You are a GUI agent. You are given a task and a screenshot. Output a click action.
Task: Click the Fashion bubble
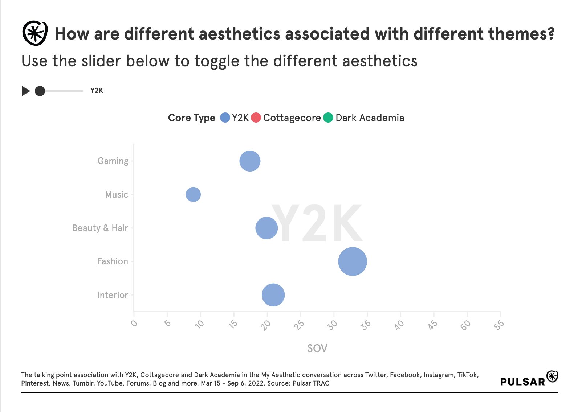[x=352, y=261]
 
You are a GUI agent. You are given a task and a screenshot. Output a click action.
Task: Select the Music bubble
[x=193, y=194]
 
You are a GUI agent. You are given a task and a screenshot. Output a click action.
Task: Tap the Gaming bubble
[x=250, y=161]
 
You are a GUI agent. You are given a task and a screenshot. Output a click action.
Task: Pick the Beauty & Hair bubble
[x=266, y=228]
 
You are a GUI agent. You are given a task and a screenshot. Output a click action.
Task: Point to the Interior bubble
[x=273, y=295]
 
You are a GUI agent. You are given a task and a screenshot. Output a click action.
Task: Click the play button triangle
[x=26, y=91]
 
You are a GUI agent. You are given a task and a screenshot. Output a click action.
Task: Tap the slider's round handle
[x=40, y=91]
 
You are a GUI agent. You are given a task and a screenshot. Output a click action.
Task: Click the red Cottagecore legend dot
[x=256, y=118]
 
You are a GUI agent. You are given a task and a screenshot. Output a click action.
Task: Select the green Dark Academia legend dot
[x=328, y=118]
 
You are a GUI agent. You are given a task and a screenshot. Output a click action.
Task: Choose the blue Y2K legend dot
[x=225, y=118]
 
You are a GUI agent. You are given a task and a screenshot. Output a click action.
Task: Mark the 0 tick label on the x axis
[x=134, y=323]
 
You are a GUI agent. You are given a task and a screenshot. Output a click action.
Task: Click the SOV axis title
[x=317, y=349]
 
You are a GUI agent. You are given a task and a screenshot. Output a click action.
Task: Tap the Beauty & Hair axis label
[x=100, y=228]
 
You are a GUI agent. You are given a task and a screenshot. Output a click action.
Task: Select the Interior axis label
[x=113, y=295]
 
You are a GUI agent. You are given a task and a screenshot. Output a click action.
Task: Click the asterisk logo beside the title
[x=35, y=33]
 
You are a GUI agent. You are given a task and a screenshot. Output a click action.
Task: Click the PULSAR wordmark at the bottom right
[x=523, y=382]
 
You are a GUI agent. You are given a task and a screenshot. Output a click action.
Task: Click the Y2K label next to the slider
[x=97, y=91]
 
